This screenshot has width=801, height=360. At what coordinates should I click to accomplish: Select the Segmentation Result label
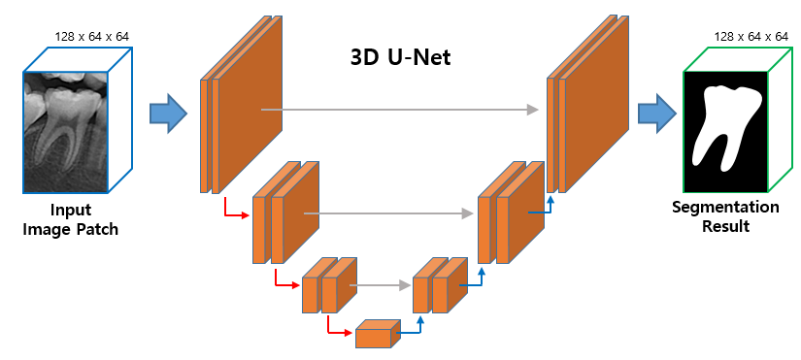coord(725,216)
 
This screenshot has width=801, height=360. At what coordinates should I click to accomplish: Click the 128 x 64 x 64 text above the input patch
coord(93,37)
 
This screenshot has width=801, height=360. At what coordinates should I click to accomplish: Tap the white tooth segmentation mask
coord(723,126)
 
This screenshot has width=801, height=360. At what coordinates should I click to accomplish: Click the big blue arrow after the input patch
coord(168,114)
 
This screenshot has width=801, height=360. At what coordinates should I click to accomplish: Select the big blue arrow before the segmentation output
coord(657,114)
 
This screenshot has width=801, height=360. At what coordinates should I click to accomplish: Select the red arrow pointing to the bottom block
coord(339,330)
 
